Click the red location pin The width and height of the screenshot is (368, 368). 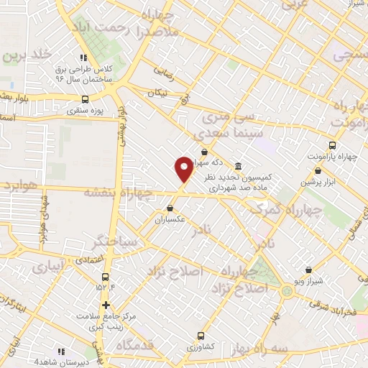[x=184, y=169]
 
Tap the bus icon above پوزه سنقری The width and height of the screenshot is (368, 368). [x=86, y=100]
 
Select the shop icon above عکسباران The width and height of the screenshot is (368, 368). [x=170, y=208]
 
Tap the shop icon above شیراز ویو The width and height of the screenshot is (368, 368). [x=308, y=270]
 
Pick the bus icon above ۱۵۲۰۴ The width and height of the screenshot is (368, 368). [x=106, y=277]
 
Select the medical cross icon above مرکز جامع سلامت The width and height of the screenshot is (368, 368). [x=106, y=305]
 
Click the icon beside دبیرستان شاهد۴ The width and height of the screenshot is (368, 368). [x=60, y=351]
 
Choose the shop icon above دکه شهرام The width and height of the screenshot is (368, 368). [x=206, y=152]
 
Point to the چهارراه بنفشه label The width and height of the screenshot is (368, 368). [x=118, y=193]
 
